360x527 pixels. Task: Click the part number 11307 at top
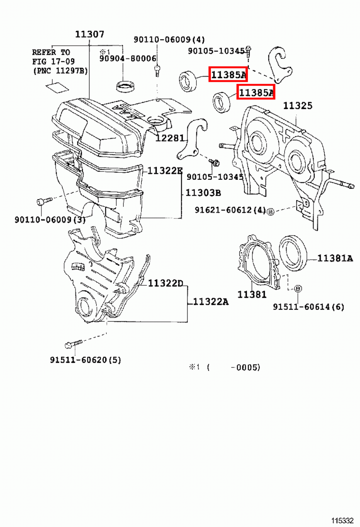(x=90, y=34)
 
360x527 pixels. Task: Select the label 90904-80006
(x=128, y=59)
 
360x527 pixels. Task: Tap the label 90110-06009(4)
(x=169, y=40)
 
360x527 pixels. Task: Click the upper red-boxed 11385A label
(x=228, y=74)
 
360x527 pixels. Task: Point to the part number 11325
(x=297, y=106)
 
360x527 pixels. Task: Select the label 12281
(x=170, y=138)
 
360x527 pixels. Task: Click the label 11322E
(x=165, y=171)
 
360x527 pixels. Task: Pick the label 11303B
(x=203, y=193)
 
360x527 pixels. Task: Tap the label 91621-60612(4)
(x=230, y=210)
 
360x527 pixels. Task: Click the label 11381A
(x=335, y=259)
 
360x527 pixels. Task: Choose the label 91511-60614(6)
(x=308, y=307)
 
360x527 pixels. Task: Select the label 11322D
(x=165, y=283)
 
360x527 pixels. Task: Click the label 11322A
(x=210, y=302)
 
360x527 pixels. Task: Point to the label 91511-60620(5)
(x=85, y=360)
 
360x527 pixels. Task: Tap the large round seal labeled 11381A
(x=293, y=253)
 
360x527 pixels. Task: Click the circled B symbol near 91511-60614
(x=297, y=289)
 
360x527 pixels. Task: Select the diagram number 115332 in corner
(x=342, y=520)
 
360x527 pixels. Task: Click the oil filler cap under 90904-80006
(x=125, y=86)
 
